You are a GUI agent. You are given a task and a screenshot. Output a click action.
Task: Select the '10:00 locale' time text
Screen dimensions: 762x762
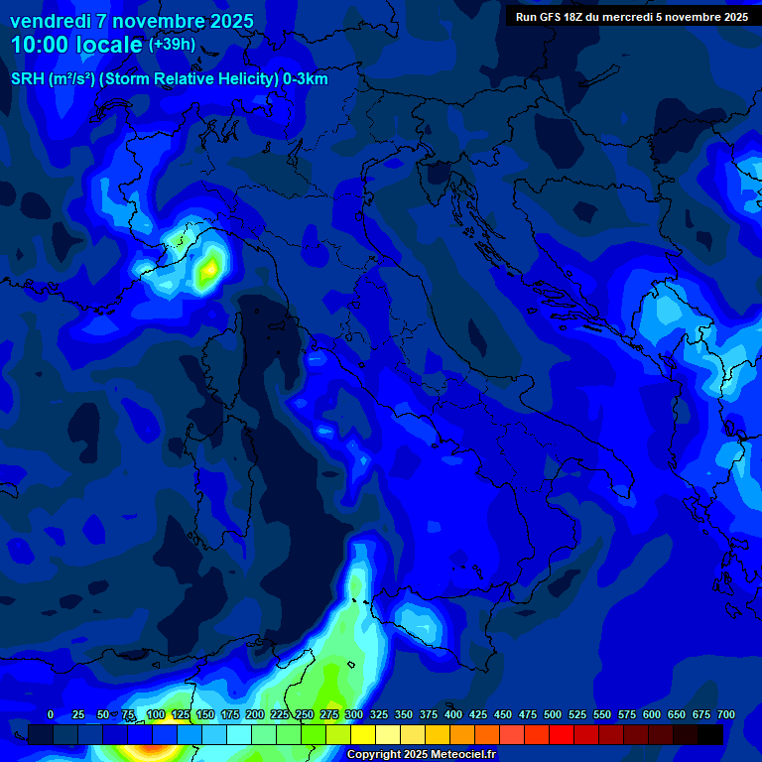click(x=76, y=45)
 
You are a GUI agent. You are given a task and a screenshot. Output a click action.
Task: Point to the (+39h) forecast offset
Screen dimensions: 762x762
click(x=172, y=45)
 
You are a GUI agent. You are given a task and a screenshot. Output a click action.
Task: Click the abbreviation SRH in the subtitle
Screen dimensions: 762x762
click(x=27, y=79)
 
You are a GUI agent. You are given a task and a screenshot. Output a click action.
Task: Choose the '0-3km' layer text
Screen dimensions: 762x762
click(x=305, y=79)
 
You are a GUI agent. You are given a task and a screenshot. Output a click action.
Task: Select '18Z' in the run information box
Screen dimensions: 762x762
click(x=581, y=17)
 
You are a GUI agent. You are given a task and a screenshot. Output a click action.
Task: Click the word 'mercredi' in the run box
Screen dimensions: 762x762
click(x=641, y=17)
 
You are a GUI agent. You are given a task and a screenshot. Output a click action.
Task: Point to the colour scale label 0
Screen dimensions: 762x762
click(x=51, y=714)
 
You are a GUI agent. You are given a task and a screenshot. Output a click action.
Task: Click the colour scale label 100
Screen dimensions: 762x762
click(x=156, y=714)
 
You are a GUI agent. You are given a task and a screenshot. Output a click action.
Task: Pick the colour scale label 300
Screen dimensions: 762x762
click(x=354, y=714)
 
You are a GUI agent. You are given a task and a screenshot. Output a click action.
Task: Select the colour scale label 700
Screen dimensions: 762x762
click(x=726, y=714)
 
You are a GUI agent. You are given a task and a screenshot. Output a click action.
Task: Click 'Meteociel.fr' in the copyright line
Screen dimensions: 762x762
click(x=463, y=754)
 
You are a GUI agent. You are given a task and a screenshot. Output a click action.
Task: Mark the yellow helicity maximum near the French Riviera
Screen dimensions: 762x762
click(x=208, y=271)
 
